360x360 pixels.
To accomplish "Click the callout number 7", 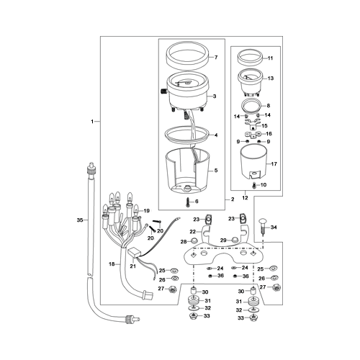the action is pyautogui.click(x=216, y=58).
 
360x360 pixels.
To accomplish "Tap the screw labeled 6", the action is pyautogui.click(x=187, y=202).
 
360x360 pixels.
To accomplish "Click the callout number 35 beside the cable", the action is pyautogui.click(x=80, y=220).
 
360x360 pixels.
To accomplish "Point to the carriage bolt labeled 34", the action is pyautogui.click(x=263, y=226).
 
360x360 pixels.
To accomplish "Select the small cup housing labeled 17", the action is pyautogui.click(x=253, y=163).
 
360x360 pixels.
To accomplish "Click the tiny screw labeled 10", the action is pyautogui.click(x=254, y=185).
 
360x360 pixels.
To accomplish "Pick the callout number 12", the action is pyautogui.click(x=245, y=198).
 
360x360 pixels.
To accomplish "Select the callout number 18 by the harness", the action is pyautogui.click(x=112, y=264).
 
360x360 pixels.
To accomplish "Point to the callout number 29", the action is pyautogui.click(x=223, y=240).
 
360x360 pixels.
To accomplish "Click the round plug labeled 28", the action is pyautogui.click(x=194, y=240).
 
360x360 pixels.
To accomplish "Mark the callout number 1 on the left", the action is pyautogui.click(x=92, y=122).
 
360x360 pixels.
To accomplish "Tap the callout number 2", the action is pyautogui.click(x=233, y=199).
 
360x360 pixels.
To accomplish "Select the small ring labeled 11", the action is pyautogui.click(x=249, y=60).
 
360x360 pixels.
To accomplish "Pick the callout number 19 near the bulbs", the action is pyautogui.click(x=147, y=211).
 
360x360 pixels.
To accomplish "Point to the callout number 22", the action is pyautogui.click(x=193, y=232).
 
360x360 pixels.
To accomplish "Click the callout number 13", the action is pyautogui.click(x=271, y=78).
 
